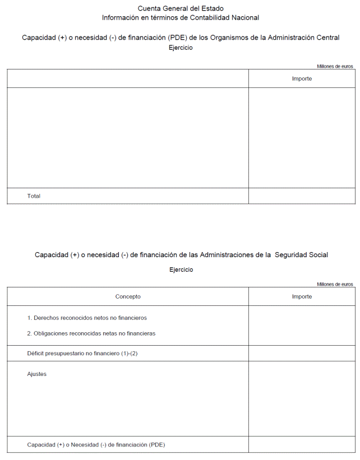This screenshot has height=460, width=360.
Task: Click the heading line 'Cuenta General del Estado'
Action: point(180,8)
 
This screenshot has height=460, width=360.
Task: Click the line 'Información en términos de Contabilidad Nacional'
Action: point(180,17)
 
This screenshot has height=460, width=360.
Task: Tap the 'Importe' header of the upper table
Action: point(302,78)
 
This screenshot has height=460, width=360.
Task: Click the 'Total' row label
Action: point(34,196)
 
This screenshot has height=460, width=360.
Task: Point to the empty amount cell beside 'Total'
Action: point(302,196)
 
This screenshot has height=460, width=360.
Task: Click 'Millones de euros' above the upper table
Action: point(335,66)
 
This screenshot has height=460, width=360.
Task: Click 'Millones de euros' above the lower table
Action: point(335,284)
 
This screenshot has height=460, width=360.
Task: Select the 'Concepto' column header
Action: point(128,296)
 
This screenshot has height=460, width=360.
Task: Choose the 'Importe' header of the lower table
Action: point(302,296)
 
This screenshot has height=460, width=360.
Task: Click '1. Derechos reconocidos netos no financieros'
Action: point(86,318)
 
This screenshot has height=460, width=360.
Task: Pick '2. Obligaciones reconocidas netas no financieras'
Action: point(91,333)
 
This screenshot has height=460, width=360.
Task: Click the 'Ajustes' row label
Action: point(36,374)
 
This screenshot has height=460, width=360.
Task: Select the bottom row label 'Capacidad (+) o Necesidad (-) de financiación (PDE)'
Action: point(96,445)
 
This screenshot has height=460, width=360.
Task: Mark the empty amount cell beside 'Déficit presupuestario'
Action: point(302,354)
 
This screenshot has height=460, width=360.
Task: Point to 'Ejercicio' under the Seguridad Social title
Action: point(181,270)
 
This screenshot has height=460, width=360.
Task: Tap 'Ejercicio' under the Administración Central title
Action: point(181,48)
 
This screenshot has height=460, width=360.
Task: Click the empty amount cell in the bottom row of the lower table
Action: point(302,445)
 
